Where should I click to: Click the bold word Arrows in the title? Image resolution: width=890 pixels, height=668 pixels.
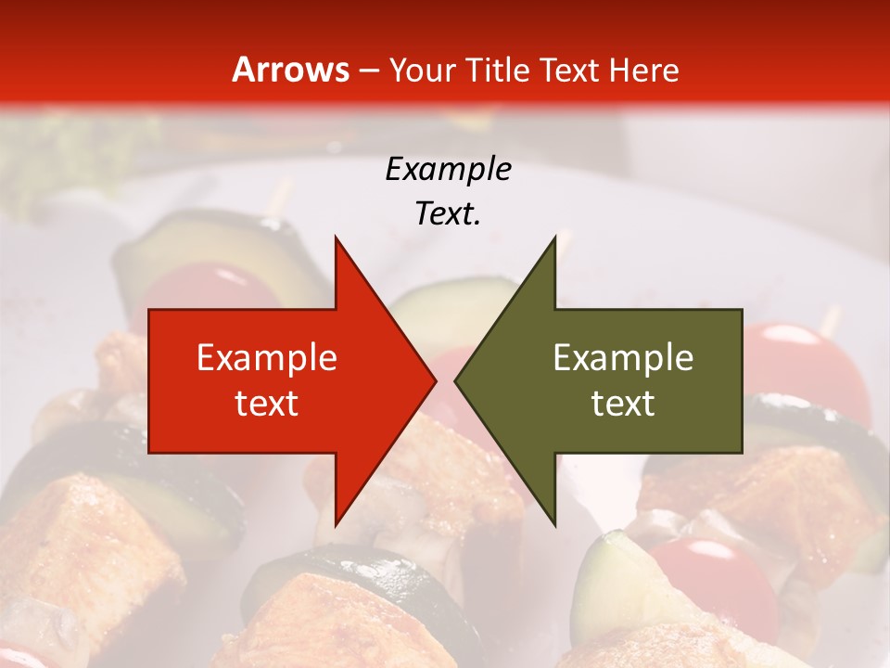point(291,70)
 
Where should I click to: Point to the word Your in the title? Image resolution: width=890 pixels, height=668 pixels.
point(423,70)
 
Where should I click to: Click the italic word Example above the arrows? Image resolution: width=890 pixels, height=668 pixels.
point(448,169)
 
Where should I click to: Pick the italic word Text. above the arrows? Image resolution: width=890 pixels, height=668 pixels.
point(448,213)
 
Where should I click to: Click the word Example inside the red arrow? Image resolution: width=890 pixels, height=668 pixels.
point(267,357)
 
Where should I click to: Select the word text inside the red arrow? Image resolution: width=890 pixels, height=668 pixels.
point(267,403)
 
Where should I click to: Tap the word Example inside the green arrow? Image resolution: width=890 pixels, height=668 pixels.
point(623,357)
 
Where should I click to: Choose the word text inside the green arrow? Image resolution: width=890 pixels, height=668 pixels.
point(623,403)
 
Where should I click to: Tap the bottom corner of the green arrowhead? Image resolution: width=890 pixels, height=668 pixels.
point(554,523)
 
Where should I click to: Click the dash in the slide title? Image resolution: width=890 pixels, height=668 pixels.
point(368,71)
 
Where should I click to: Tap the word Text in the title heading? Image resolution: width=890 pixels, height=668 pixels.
point(572,70)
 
